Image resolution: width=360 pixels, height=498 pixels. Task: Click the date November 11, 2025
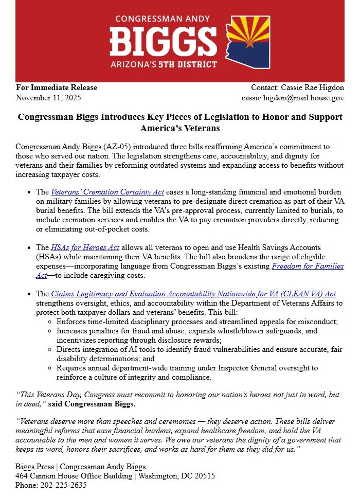tap(48, 97)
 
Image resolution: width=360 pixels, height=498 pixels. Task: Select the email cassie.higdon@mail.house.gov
tap(293, 97)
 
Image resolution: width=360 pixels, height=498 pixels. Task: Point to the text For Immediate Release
tap(57, 87)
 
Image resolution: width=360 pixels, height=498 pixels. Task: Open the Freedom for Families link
tap(308, 266)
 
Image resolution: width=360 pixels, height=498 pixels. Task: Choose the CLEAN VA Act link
tap(193, 294)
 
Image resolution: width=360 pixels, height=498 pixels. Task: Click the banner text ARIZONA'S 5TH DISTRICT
tap(164, 64)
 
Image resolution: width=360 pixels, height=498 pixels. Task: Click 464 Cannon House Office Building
tap(74, 476)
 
